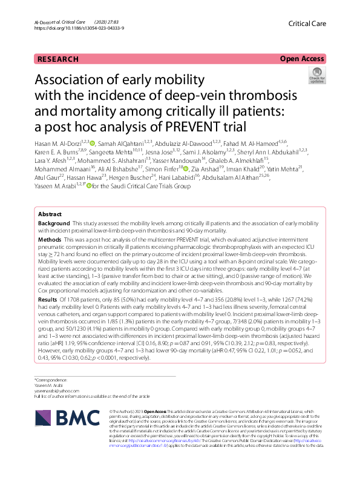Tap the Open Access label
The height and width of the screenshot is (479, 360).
pos(301,59)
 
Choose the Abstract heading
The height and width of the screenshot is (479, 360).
pos(50,214)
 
